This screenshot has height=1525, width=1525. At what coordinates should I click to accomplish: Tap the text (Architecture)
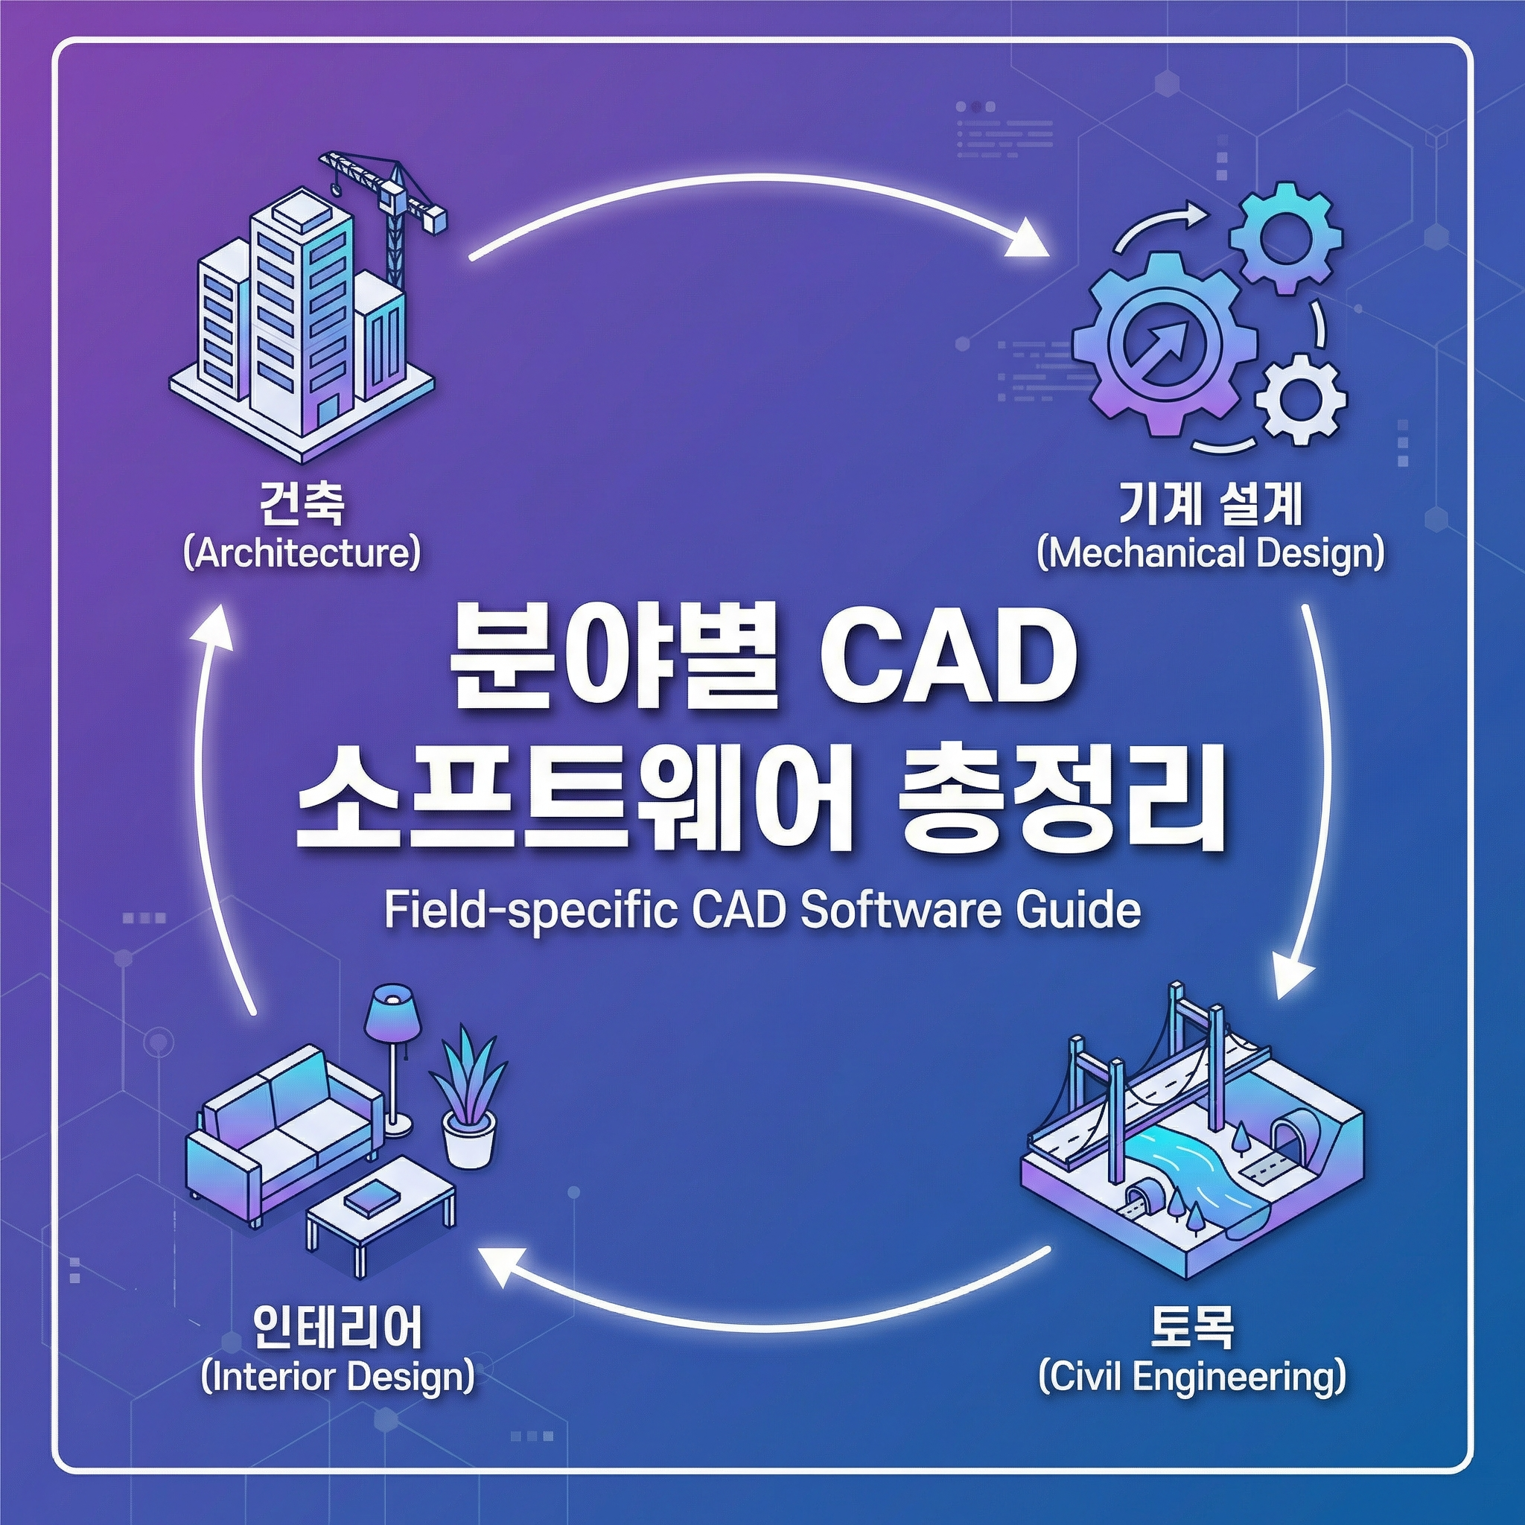302,553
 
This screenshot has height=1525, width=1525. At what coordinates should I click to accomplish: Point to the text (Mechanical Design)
1210,553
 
